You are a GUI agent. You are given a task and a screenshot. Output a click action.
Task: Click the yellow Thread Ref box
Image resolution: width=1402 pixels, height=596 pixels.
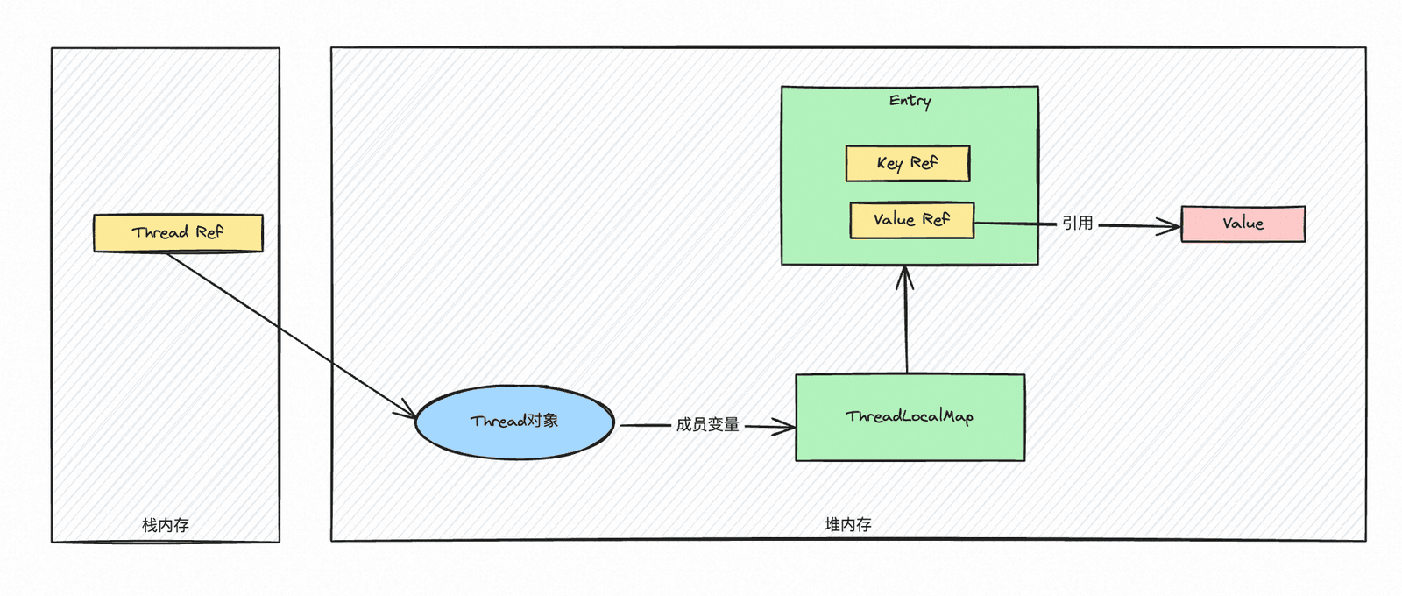pyautogui.click(x=179, y=233)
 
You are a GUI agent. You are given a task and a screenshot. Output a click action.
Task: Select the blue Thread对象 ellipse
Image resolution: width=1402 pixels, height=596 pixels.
pyautogui.click(x=514, y=422)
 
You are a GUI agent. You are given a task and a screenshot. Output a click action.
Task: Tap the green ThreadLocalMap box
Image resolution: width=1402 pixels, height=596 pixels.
pyautogui.click(x=910, y=417)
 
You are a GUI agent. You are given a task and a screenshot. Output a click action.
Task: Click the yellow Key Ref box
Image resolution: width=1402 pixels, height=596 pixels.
pyautogui.click(x=908, y=163)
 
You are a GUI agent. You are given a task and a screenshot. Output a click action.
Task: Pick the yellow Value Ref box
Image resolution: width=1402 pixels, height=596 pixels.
pyautogui.click(x=912, y=220)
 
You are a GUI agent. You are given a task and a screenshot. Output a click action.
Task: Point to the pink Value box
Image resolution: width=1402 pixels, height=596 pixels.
pyautogui.click(x=1243, y=223)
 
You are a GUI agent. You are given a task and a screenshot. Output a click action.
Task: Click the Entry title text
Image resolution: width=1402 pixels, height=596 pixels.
pyautogui.click(x=910, y=101)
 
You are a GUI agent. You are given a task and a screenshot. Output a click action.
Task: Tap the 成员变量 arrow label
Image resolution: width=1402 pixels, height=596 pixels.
pyautogui.click(x=707, y=425)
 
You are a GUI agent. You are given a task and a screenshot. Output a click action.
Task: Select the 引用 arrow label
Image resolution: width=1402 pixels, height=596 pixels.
pyautogui.click(x=1077, y=223)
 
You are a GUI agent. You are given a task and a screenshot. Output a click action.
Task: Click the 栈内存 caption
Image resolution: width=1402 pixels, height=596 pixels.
pyautogui.click(x=166, y=525)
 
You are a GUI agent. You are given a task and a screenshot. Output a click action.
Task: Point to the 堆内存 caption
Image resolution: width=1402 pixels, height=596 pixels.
pyautogui.click(x=848, y=524)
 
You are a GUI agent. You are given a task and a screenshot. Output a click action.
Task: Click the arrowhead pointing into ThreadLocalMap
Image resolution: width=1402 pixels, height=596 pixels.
pyautogui.click(x=785, y=427)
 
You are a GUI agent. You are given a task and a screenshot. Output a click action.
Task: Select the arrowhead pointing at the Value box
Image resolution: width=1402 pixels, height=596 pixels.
pyautogui.click(x=1169, y=226)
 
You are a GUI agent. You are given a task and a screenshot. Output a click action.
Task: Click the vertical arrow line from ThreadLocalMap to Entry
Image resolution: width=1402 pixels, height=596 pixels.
pyautogui.click(x=906, y=319)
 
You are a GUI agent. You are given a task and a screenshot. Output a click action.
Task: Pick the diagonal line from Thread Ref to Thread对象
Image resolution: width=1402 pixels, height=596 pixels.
pyautogui.click(x=292, y=335)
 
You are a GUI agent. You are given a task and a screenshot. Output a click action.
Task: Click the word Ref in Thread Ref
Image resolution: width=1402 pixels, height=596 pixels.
pyautogui.click(x=209, y=232)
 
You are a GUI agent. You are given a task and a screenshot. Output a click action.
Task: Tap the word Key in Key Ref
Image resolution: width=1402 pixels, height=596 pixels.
pyautogui.click(x=889, y=164)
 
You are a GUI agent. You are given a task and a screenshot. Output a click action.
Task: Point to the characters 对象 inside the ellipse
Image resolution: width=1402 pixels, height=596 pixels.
pyautogui.click(x=542, y=420)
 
